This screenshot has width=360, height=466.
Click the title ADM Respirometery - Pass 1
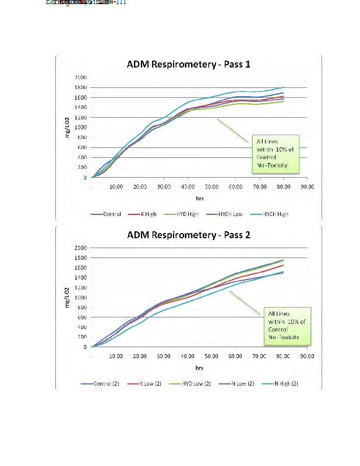(188, 65)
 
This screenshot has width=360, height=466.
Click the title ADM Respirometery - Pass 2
(188, 235)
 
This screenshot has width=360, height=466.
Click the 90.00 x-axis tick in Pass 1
(307, 186)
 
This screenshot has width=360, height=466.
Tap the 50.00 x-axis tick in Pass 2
(211, 356)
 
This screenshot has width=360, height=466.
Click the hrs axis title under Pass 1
(199, 197)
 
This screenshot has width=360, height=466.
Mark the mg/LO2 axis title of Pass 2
(69, 297)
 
